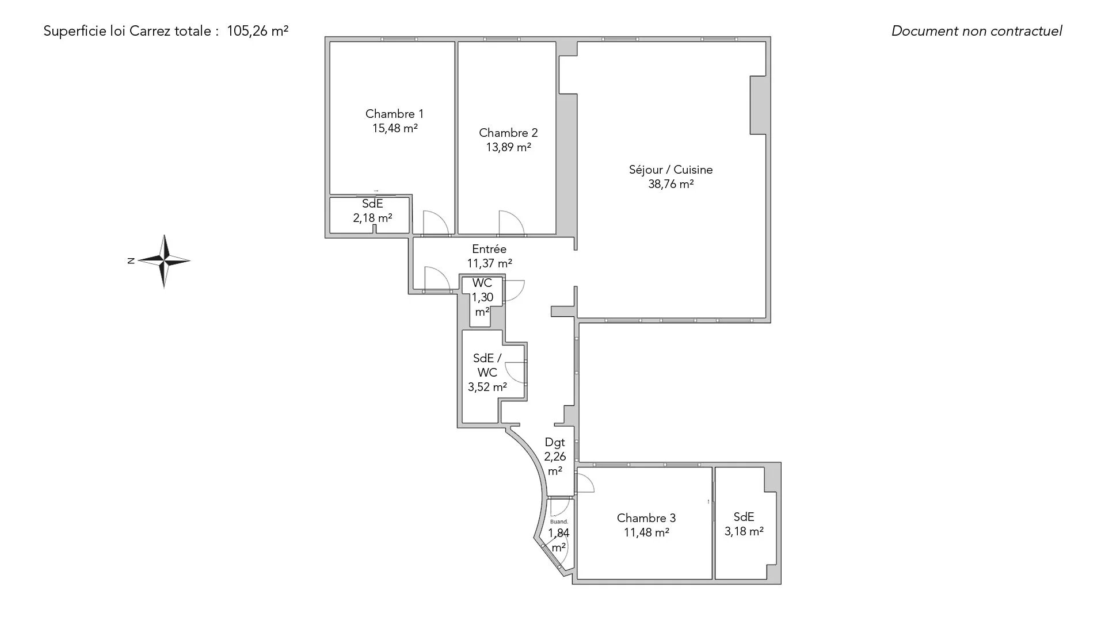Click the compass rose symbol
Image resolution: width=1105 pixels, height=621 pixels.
[x=164, y=261]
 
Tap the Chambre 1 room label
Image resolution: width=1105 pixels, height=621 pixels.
[x=394, y=114]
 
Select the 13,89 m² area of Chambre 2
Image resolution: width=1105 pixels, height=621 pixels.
[x=508, y=147]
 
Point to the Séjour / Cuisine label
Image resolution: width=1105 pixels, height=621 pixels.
[x=670, y=170]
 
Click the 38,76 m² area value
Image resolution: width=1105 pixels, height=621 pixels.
[x=670, y=184]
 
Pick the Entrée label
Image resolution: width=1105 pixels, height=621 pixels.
[x=489, y=249]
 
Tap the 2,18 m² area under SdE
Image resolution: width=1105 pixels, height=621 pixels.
[x=372, y=218]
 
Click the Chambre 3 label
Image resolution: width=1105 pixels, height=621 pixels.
[x=646, y=518]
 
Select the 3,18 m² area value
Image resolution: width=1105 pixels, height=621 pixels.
[x=744, y=531]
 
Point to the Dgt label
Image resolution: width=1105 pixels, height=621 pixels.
[x=555, y=443]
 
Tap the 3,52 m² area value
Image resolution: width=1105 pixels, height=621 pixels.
[x=487, y=387]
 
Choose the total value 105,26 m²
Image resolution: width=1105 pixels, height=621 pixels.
[x=258, y=31]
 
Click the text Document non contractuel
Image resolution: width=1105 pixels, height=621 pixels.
[x=977, y=31]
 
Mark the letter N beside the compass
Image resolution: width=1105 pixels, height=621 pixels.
[x=131, y=261]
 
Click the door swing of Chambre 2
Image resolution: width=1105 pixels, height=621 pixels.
[x=512, y=223]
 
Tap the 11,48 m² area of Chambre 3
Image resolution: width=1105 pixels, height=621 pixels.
[x=646, y=532]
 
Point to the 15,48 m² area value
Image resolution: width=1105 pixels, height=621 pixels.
[x=395, y=128]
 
